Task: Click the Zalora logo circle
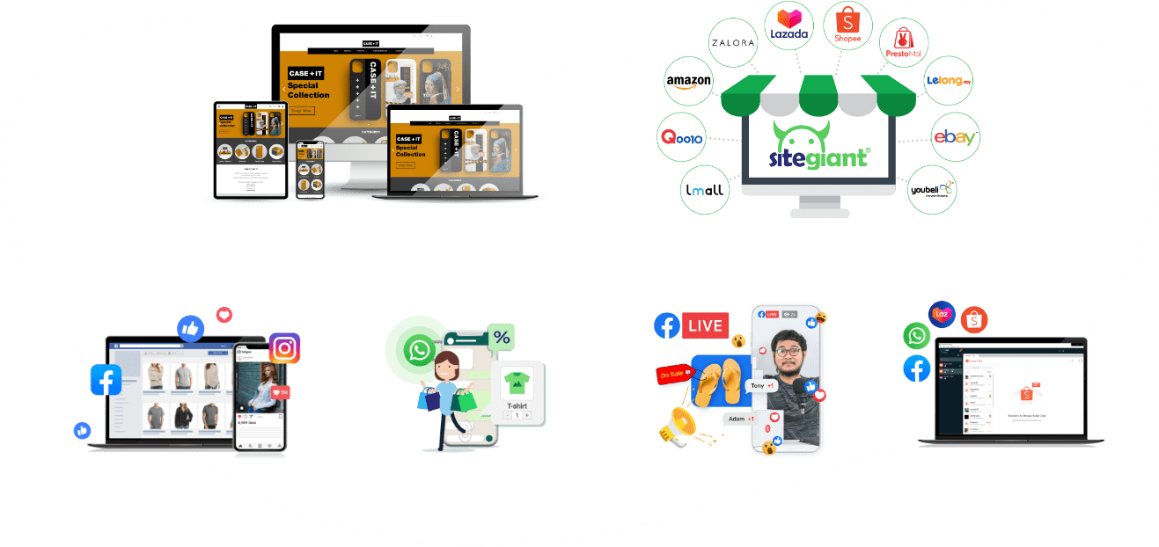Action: tap(733, 42)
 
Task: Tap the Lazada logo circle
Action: tap(789, 26)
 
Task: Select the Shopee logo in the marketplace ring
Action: tap(847, 26)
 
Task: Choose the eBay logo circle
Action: tap(955, 137)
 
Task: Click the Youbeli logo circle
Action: tap(932, 189)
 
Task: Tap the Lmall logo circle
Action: tap(705, 189)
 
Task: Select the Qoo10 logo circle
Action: tap(681, 138)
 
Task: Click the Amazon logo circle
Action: tap(688, 82)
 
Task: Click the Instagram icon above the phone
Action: tap(284, 348)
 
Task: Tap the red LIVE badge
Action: tap(705, 325)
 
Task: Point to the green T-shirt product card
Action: tap(517, 390)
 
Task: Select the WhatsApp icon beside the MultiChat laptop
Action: tap(917, 336)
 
